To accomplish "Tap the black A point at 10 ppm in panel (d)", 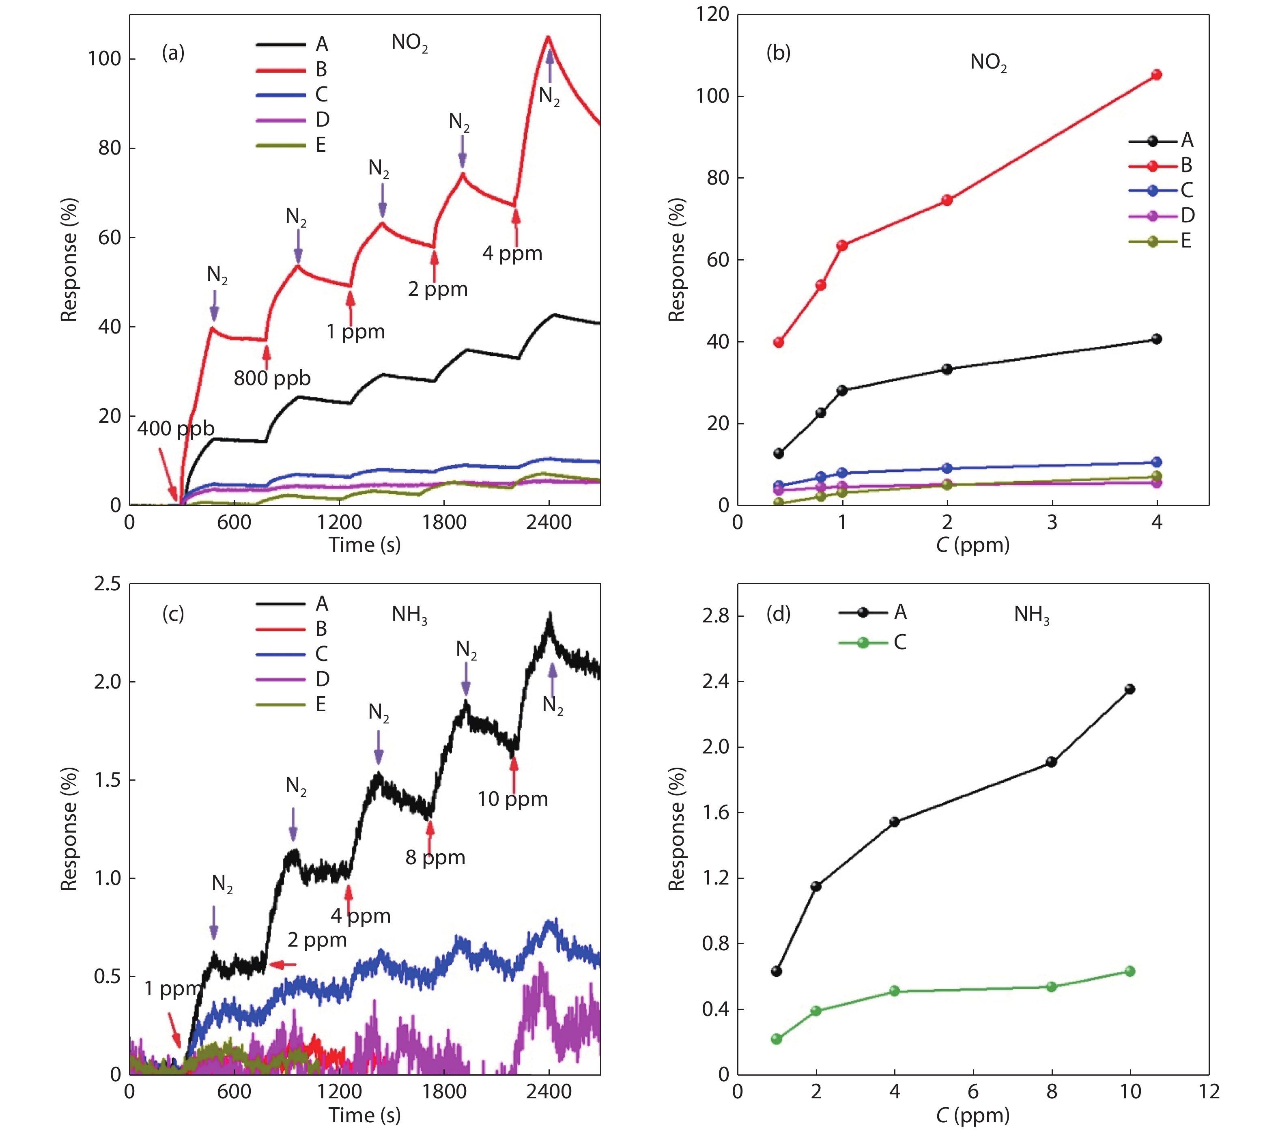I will [1129, 689].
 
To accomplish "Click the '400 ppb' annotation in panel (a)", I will [176, 429].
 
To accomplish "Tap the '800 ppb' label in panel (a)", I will [272, 378].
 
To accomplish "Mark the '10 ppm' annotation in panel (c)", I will [513, 799].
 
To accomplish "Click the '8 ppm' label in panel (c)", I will [435, 857].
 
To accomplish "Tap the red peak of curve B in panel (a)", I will [549, 37].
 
